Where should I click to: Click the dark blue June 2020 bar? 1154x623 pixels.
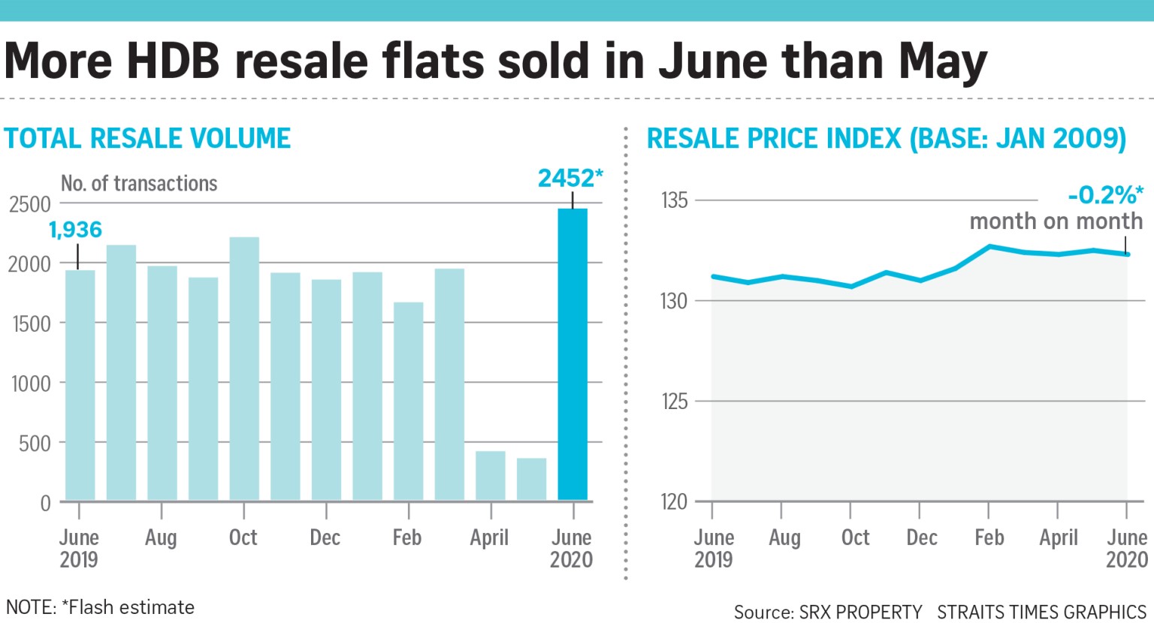tap(572, 354)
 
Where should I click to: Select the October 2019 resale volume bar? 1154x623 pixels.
tap(244, 369)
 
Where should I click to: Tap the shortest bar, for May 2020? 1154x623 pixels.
tap(531, 479)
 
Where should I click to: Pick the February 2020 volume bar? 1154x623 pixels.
tap(408, 402)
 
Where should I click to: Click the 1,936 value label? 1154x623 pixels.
tap(75, 230)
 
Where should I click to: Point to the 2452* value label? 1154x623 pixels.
tap(570, 179)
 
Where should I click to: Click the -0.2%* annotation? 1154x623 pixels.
tap(1105, 196)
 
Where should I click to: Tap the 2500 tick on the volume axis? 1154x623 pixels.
tap(30, 204)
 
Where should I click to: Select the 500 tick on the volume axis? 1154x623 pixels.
tap(35, 444)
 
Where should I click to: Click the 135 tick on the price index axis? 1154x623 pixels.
tap(674, 200)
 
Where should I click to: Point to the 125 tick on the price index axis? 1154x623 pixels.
tap(674, 402)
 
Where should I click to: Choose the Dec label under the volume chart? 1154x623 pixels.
tap(325, 537)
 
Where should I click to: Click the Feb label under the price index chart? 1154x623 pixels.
tap(989, 537)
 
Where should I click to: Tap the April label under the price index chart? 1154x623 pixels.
tap(1058, 537)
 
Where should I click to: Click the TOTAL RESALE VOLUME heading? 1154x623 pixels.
tap(147, 139)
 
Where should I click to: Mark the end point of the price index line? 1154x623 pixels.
tap(1127, 254)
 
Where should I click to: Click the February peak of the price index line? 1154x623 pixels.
tap(990, 246)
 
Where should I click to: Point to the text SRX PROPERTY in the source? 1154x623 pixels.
tap(860, 612)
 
